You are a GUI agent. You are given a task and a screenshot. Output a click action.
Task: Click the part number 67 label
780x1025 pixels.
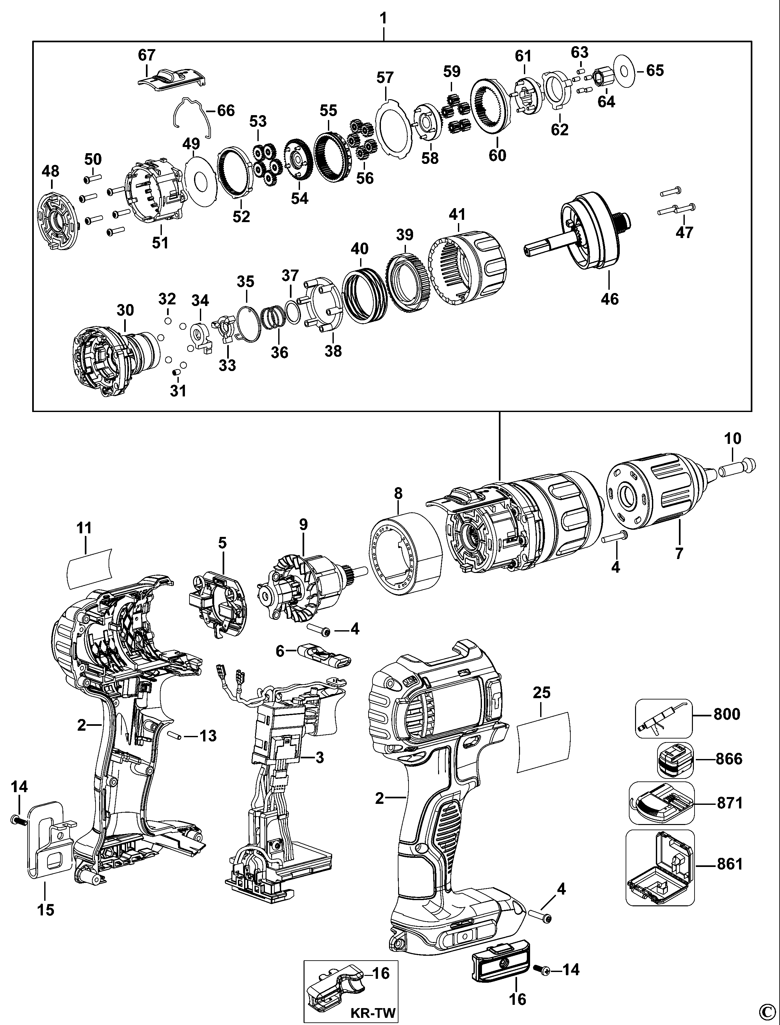147,55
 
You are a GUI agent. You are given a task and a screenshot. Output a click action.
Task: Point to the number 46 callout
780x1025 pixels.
610,299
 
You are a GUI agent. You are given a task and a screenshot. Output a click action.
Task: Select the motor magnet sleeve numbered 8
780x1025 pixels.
405,554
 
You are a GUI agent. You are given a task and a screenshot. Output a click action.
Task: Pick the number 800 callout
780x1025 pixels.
727,713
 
